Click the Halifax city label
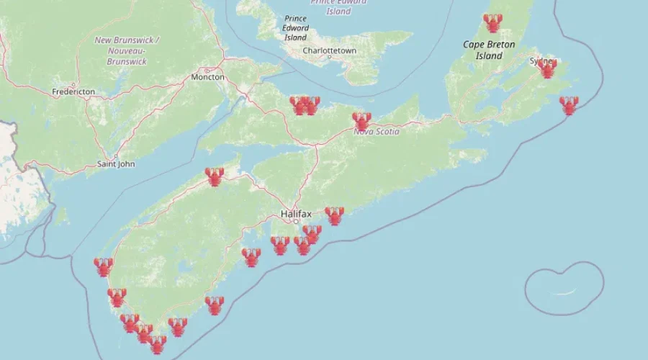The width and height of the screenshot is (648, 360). point(295,214)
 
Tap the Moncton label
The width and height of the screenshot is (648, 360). point(207,77)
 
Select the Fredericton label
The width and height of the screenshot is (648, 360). point(73,92)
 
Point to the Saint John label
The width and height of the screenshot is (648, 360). point(116,164)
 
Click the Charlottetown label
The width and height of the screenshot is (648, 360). point(329,51)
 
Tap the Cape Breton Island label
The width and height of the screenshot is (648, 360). point(489,50)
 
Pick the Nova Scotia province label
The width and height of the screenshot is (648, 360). point(376,132)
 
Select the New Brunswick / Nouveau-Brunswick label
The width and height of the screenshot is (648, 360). point(127,50)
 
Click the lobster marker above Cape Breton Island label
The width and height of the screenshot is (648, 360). point(492,23)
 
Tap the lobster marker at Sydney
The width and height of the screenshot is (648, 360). point(547,68)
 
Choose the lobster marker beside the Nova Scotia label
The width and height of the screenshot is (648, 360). point(361,121)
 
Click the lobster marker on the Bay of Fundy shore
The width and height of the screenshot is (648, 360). point(214,176)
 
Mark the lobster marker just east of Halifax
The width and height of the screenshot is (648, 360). point(334,216)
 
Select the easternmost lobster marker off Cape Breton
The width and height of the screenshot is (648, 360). point(569,106)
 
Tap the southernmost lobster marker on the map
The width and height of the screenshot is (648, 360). point(157,345)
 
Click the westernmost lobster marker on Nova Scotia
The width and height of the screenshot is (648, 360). point(103,267)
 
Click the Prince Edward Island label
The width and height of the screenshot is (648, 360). point(295,27)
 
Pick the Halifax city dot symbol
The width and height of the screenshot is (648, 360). point(295,222)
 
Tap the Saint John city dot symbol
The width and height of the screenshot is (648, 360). point(115,156)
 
